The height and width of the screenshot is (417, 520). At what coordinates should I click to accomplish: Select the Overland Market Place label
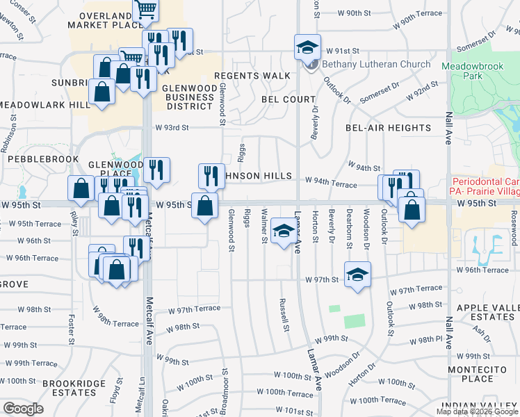[x=105, y=20]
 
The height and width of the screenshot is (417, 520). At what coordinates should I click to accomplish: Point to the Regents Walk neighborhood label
[x=252, y=76]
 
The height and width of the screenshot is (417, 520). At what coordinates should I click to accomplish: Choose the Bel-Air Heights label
[x=388, y=128]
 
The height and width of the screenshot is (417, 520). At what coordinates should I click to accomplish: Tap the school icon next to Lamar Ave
[x=282, y=231]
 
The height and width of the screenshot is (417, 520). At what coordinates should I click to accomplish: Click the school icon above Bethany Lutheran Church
[x=307, y=47]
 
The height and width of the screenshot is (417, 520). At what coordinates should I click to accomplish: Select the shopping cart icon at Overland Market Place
[x=147, y=9]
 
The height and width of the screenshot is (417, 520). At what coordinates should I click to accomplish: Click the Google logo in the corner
[x=23, y=409]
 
